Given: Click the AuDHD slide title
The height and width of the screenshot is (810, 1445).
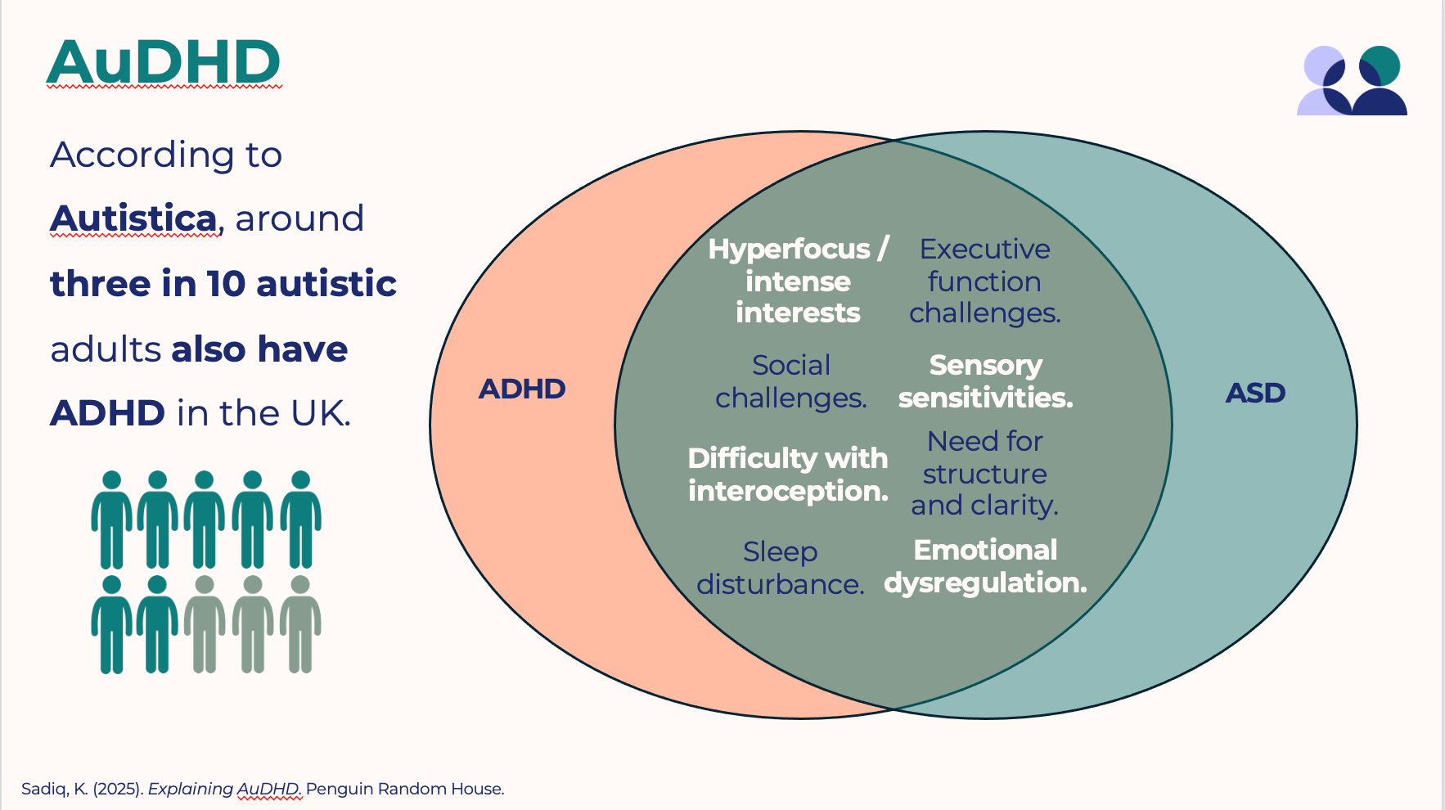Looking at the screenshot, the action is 164,62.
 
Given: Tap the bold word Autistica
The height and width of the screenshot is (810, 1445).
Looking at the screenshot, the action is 133,218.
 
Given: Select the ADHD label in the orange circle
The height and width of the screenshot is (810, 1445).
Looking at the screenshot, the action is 522,389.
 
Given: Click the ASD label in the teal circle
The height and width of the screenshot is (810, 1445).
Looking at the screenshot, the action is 1255,393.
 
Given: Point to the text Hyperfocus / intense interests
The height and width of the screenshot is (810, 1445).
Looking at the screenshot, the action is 798,281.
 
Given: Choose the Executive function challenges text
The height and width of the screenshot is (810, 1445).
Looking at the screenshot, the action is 984,281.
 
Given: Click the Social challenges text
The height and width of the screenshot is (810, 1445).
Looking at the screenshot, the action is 791,381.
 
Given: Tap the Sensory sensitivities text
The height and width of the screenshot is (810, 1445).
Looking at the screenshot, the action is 985,381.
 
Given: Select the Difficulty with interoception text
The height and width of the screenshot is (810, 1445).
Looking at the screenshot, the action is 788,475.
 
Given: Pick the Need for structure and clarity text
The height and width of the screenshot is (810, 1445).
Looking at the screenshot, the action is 984,474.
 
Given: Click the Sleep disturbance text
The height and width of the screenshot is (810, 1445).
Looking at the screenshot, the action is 781,568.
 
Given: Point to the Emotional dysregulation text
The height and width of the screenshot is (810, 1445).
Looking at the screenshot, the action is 985,566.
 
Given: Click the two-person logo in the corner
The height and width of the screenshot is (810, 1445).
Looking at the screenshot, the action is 1352,80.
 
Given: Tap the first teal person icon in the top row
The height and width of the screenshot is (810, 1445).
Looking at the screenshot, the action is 111,520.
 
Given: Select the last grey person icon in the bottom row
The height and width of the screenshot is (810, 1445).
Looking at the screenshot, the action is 300,624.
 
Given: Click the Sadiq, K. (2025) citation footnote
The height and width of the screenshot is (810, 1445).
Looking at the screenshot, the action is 263,789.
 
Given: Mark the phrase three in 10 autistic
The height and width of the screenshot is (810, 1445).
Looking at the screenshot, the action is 223,284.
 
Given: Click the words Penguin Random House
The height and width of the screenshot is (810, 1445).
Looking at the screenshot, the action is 405,789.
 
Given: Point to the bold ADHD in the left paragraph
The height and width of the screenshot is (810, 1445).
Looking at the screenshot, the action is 108,413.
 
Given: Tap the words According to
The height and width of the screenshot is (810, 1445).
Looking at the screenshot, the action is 166,155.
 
